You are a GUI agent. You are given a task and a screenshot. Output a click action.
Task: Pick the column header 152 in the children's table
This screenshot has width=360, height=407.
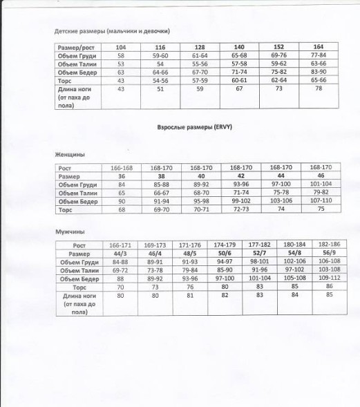click(279, 47)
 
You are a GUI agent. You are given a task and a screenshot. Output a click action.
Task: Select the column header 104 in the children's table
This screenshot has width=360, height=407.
click(121, 47)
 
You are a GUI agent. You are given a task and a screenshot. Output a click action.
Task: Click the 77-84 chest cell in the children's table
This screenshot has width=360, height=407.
click(319, 55)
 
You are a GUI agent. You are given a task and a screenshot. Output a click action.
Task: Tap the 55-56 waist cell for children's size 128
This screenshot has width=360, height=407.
click(200, 63)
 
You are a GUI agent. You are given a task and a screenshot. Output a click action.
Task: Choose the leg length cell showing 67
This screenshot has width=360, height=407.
click(239, 88)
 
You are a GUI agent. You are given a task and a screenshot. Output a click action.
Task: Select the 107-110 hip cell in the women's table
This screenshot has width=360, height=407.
click(321, 200)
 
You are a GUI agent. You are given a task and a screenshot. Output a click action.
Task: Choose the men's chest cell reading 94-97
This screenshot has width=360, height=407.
click(223, 262)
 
